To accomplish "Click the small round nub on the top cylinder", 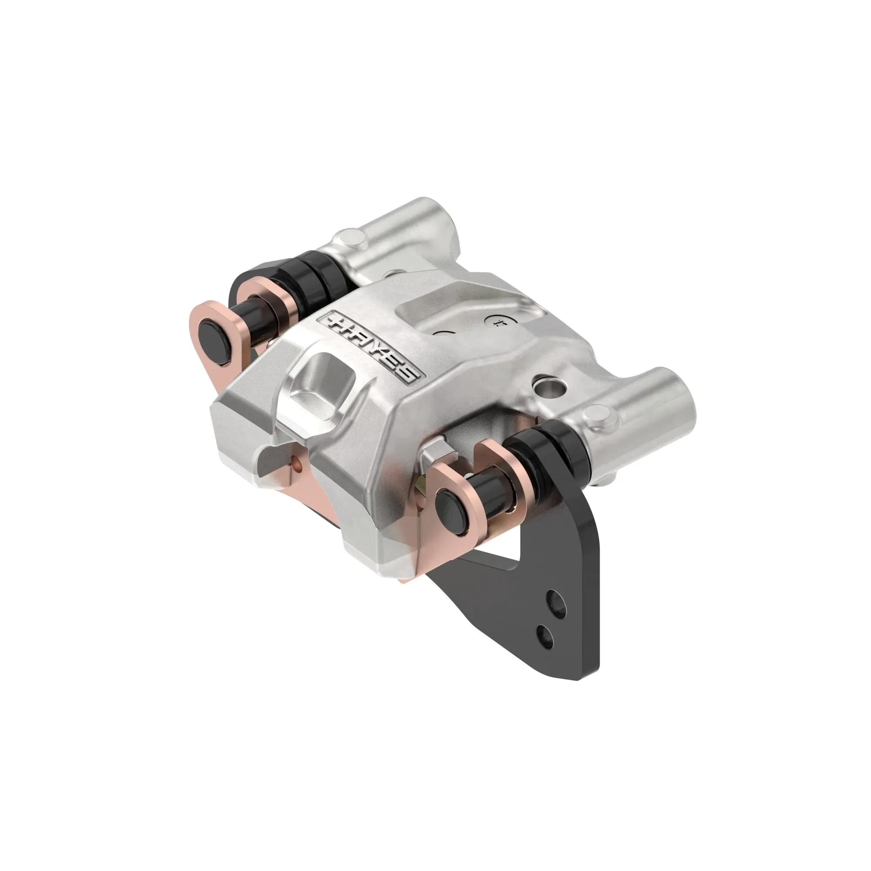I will [x=351, y=238].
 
